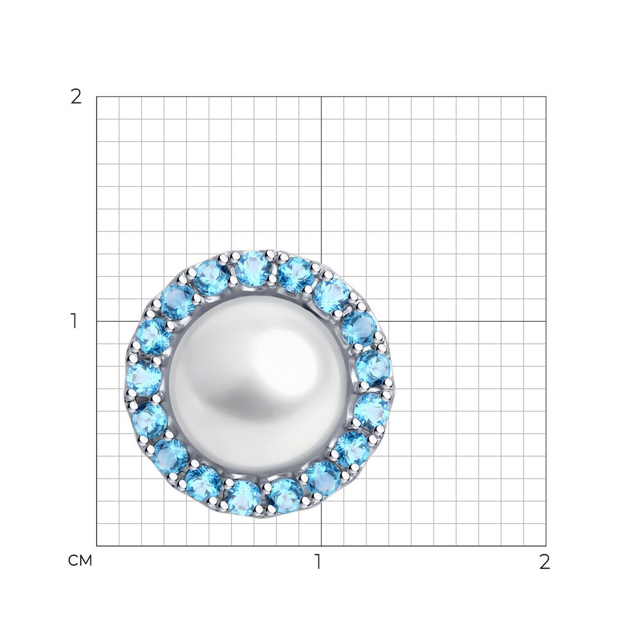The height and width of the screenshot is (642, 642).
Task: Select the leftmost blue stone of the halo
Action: pyautogui.click(x=144, y=378)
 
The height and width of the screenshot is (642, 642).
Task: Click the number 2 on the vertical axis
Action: pyautogui.click(x=76, y=97)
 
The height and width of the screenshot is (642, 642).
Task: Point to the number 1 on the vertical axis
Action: pyautogui.click(x=74, y=321)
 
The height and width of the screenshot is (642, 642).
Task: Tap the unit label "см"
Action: pyautogui.click(x=80, y=561)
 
